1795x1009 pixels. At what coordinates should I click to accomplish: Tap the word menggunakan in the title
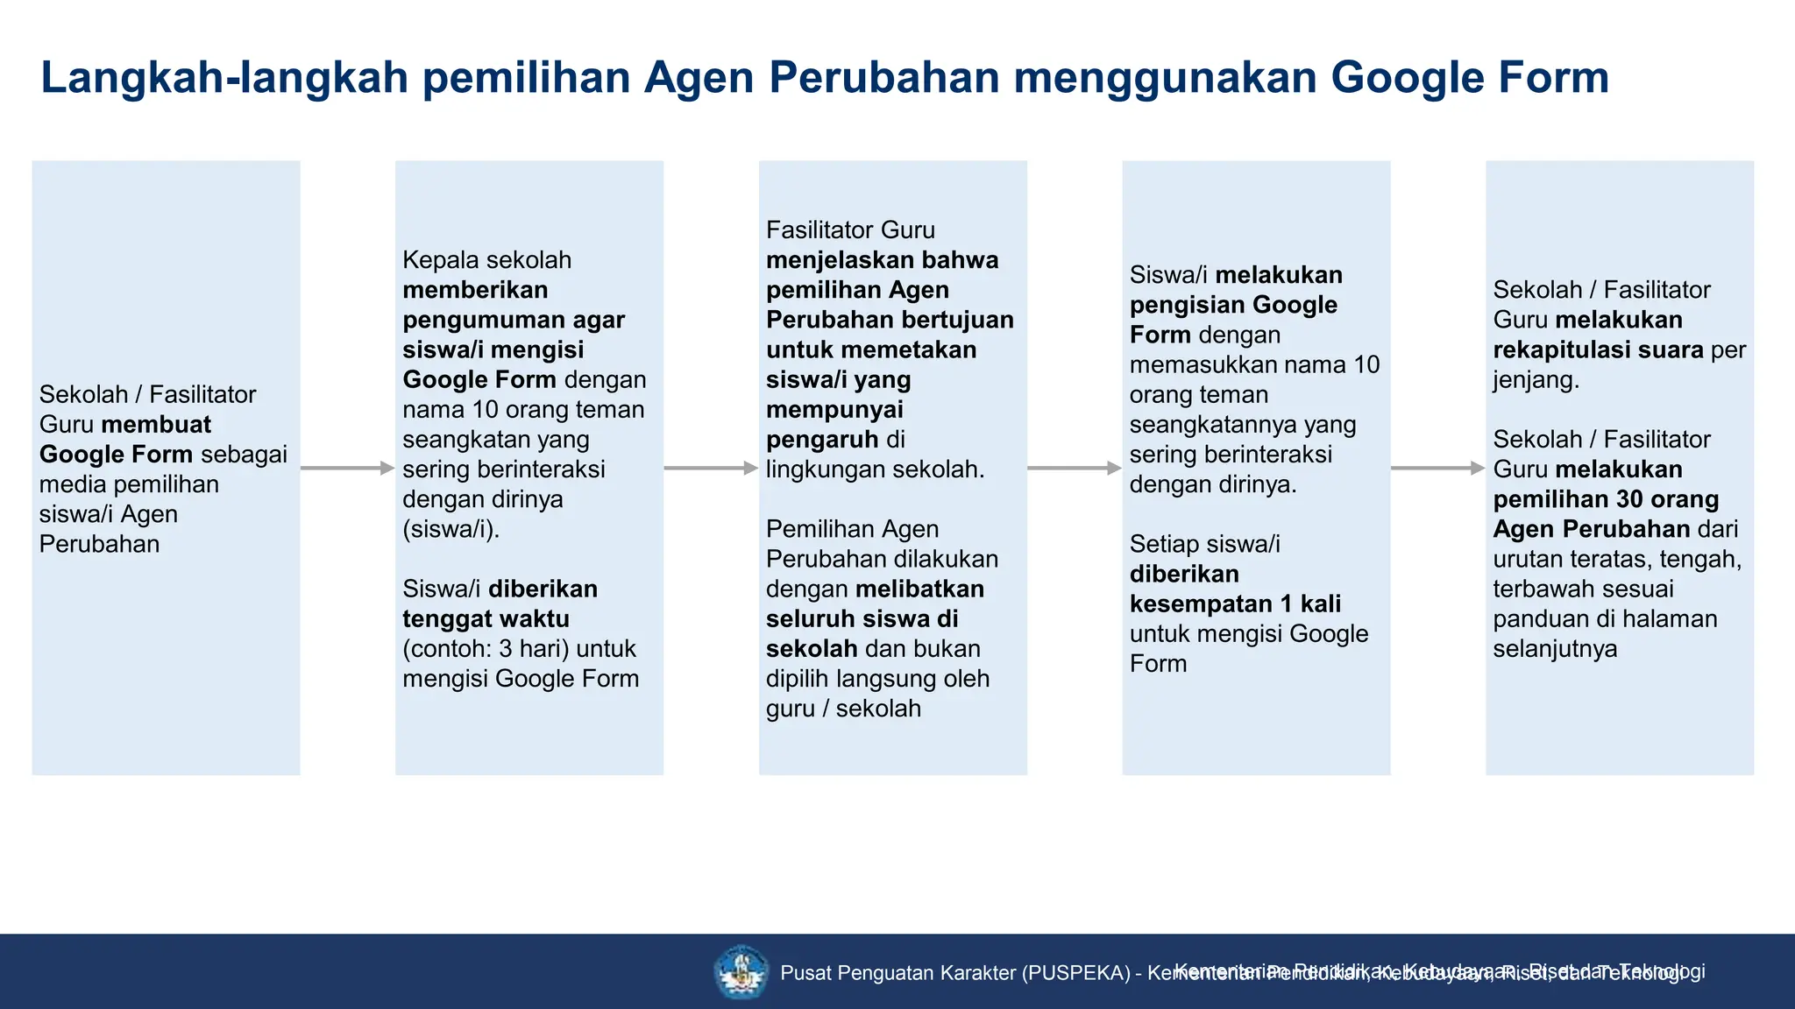point(1165,78)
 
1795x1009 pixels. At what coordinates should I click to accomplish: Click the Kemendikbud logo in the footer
point(741,971)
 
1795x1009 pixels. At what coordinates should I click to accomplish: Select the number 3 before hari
point(506,649)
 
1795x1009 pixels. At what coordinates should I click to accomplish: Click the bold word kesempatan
point(1200,604)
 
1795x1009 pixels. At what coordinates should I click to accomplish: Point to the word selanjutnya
point(1555,649)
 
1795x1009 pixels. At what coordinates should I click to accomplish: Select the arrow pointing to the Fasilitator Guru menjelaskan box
point(711,469)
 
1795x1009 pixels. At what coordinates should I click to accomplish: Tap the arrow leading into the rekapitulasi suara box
point(1437,469)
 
